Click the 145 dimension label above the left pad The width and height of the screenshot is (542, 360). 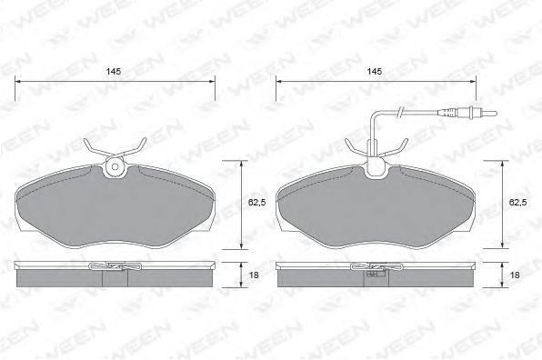[115, 70]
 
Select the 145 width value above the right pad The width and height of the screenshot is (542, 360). [375, 70]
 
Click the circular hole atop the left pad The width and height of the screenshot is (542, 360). [115, 166]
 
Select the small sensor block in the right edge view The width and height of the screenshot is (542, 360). [372, 272]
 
